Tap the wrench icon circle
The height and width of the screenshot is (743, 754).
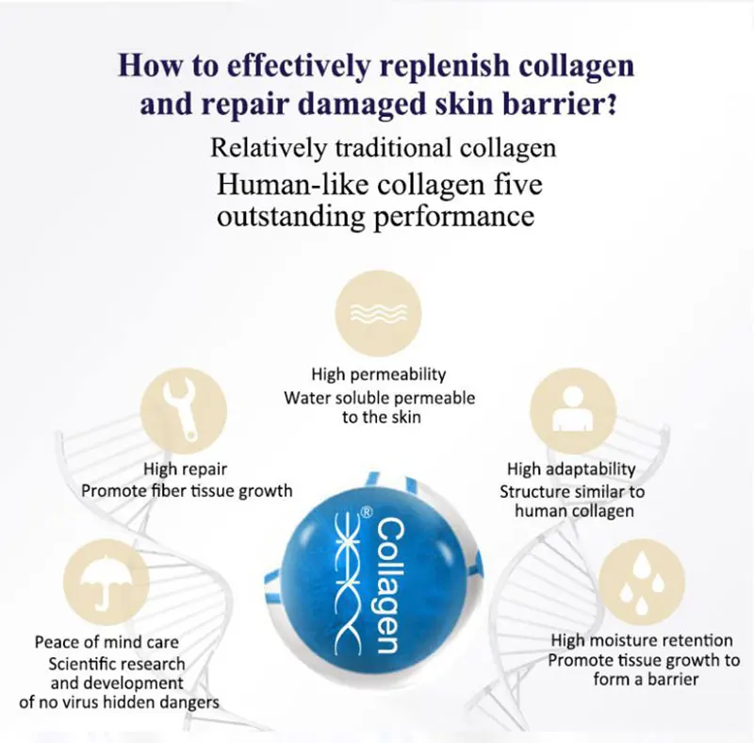[184, 410]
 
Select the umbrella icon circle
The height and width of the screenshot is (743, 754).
[106, 582]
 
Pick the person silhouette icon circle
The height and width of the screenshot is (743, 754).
[573, 410]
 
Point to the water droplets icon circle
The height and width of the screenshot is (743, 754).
[642, 582]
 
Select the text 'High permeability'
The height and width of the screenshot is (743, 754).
[379, 374]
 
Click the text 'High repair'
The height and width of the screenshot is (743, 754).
[186, 469]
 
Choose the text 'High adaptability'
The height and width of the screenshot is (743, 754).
[571, 469]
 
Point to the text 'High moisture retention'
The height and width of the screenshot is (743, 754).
[642, 640]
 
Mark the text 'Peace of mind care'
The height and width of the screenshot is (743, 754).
[107, 642]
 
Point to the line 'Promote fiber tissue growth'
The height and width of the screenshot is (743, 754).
[187, 490]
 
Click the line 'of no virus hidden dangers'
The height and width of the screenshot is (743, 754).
[119, 702]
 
